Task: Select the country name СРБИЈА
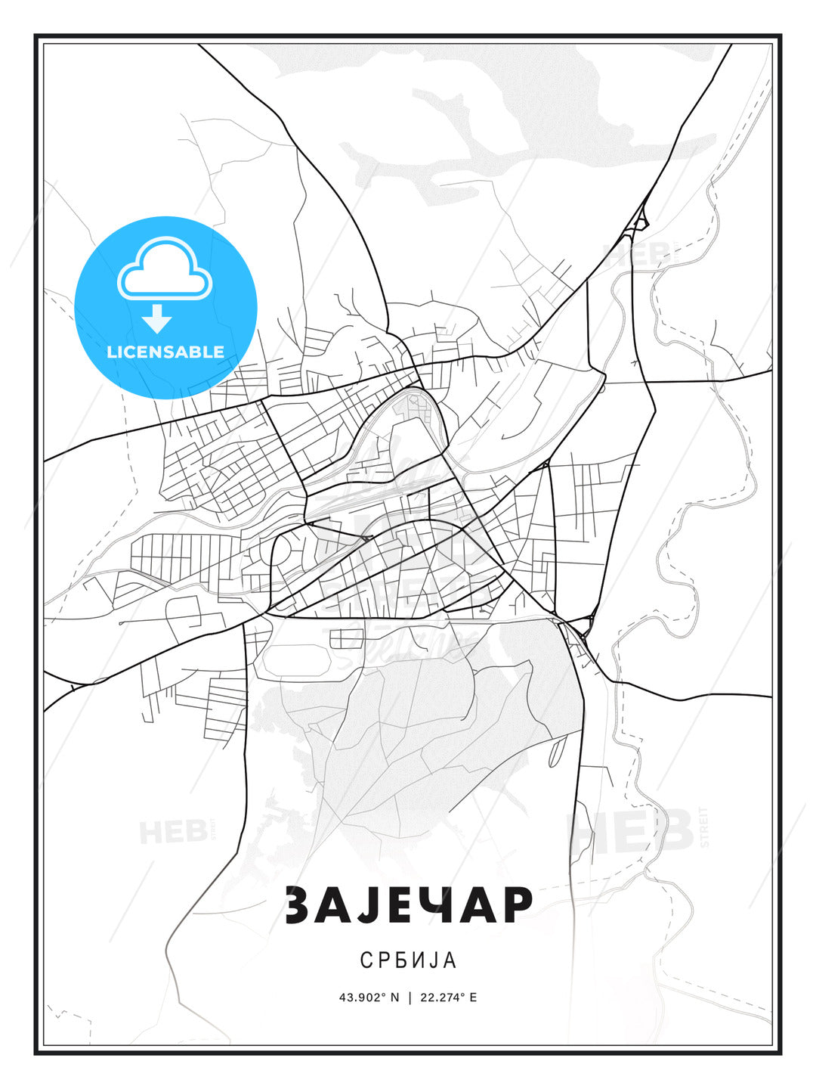pyautogui.click(x=408, y=960)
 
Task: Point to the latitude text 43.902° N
pyautogui.click(x=369, y=997)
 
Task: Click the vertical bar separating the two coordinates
pyautogui.click(x=409, y=997)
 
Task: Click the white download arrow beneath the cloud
pyautogui.click(x=157, y=319)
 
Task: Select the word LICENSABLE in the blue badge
pyautogui.click(x=165, y=352)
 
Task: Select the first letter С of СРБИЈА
pyautogui.click(x=366, y=960)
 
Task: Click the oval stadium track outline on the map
pyautogui.click(x=291, y=660)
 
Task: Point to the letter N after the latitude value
pyautogui.click(x=394, y=997)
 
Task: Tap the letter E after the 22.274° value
pyautogui.click(x=473, y=997)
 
